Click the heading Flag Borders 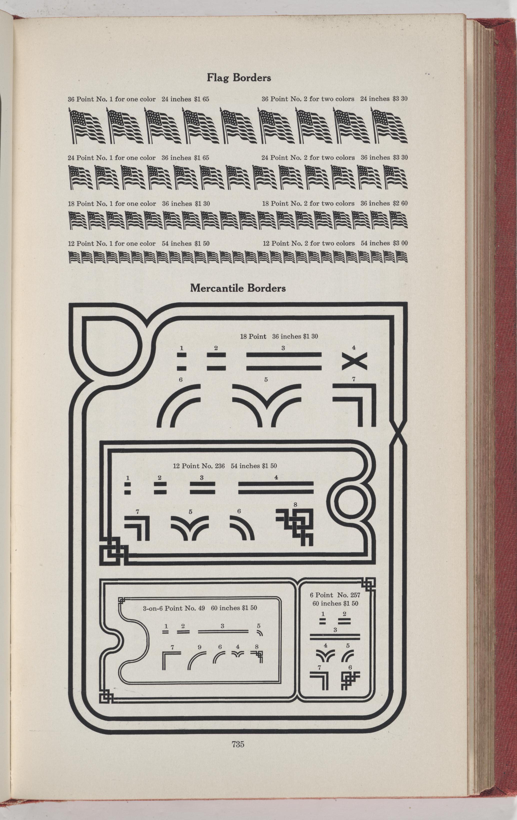(x=239, y=78)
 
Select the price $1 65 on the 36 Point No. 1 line (x=201, y=99)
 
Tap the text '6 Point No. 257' (x=335, y=595)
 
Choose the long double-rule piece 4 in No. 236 (x=276, y=487)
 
